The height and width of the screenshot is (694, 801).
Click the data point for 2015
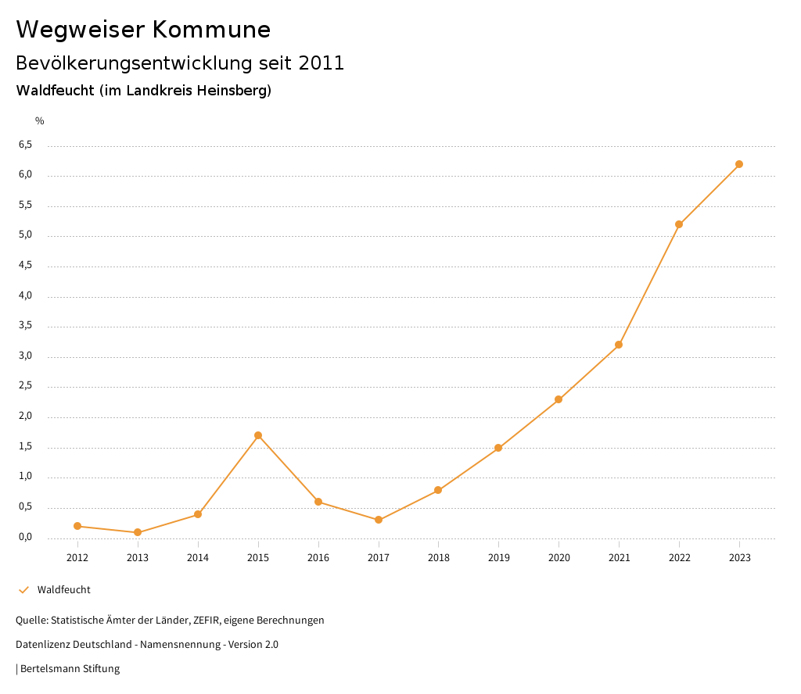click(x=258, y=435)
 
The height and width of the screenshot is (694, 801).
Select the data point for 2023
click(x=739, y=164)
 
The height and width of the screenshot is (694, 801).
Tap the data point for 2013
click(x=138, y=532)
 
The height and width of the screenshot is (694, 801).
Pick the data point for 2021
click(x=619, y=345)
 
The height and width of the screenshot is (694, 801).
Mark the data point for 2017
click(x=379, y=520)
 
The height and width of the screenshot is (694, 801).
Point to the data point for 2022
click(x=679, y=224)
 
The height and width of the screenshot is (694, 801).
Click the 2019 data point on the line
click(x=498, y=448)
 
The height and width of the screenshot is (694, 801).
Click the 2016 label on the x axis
click(x=318, y=557)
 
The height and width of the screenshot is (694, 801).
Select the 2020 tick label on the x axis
click(x=559, y=557)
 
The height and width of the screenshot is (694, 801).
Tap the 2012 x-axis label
click(x=77, y=557)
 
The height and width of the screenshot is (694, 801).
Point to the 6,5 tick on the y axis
click(x=26, y=145)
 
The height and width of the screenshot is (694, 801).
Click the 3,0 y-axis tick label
click(x=26, y=356)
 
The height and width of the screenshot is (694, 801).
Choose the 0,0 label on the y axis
click(x=26, y=537)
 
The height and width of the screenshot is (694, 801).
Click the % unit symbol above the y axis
click(x=40, y=120)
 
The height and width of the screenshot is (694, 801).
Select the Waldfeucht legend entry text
click(x=64, y=590)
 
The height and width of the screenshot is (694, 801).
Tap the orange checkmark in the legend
click(x=23, y=590)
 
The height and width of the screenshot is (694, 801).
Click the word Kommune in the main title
click(x=211, y=30)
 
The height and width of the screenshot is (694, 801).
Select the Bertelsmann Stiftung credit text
click(x=70, y=669)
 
